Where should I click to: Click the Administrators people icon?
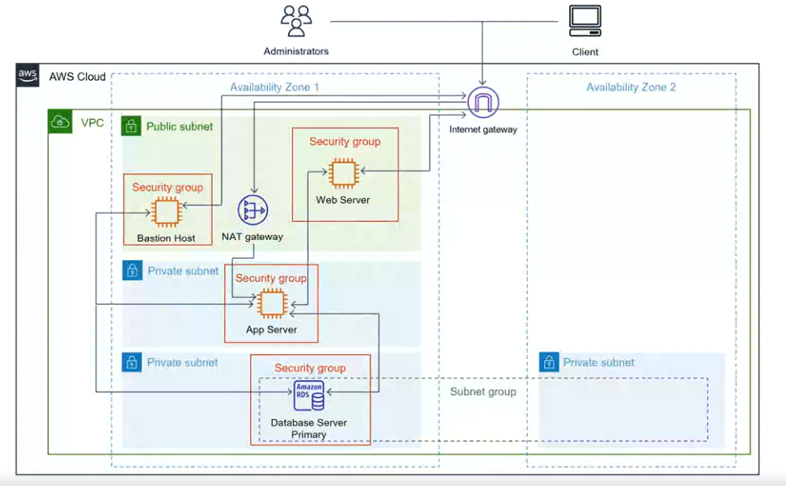(x=295, y=21)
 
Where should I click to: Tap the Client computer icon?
(x=584, y=21)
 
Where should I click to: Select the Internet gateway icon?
(x=483, y=103)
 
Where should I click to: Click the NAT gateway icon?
(x=253, y=211)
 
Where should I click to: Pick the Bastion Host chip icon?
(x=167, y=212)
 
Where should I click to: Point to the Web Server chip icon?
(x=343, y=172)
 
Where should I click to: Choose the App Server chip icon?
(x=271, y=303)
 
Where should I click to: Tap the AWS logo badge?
(x=28, y=76)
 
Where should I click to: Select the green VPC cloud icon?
(x=61, y=122)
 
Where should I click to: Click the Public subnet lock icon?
(x=131, y=126)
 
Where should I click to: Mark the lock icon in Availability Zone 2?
(x=549, y=362)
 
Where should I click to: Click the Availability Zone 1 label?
(x=274, y=87)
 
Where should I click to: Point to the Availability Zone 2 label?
(x=631, y=87)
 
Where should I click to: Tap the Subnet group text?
(x=483, y=392)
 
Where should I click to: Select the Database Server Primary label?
(x=308, y=429)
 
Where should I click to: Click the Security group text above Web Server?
(x=345, y=142)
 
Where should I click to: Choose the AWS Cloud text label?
(x=78, y=77)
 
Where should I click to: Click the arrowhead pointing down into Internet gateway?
(x=483, y=82)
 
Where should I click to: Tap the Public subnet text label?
(x=180, y=126)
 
